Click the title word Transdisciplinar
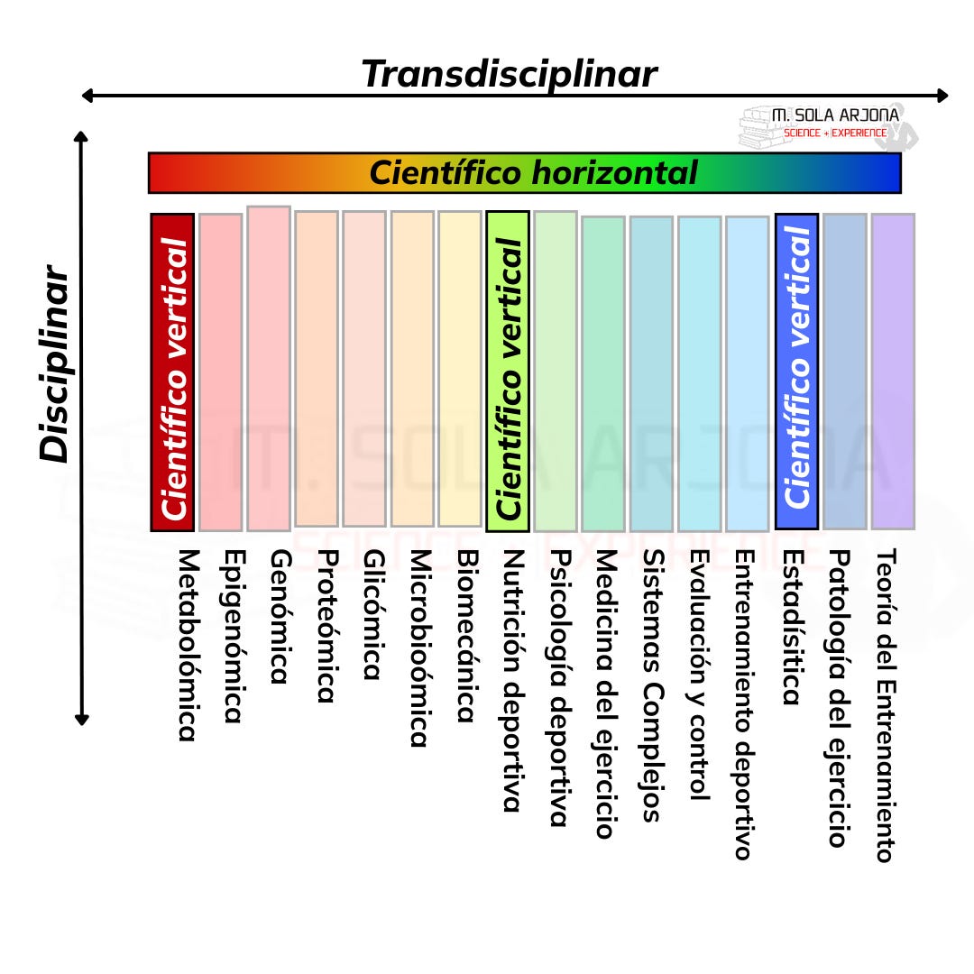(509, 74)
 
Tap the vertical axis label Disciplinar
(55, 363)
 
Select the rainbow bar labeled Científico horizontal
(525, 172)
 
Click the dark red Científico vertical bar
(172, 372)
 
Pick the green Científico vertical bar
(508, 372)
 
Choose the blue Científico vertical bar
(796, 372)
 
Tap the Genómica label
(280, 616)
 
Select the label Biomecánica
(466, 636)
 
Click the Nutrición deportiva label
(513, 681)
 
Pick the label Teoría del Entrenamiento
(886, 705)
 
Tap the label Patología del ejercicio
(839, 698)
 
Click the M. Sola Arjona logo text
(835, 116)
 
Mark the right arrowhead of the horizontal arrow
(942, 96)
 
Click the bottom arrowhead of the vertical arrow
(82, 719)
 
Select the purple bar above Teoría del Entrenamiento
(893, 372)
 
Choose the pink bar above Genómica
(269, 368)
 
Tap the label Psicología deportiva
(559, 687)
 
